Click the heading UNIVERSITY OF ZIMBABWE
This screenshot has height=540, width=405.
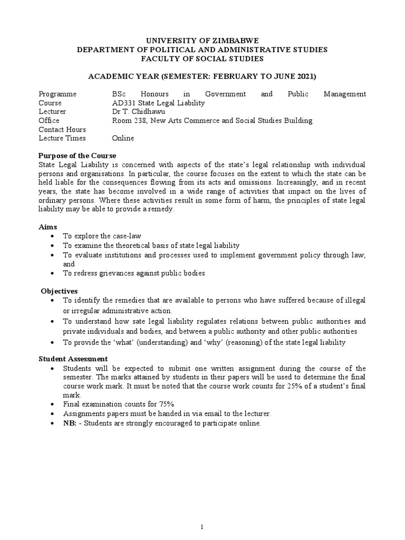click(202, 40)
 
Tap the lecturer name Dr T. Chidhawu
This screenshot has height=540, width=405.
click(135, 112)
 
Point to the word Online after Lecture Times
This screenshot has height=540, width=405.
click(123, 138)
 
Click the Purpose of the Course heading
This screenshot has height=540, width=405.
click(78, 156)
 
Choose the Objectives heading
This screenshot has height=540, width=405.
click(59, 291)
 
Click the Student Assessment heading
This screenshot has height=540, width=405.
click(73, 359)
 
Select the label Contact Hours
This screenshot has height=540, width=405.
click(62, 129)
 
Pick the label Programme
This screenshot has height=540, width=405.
click(57, 94)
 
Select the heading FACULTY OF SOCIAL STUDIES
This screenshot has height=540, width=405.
click(202, 58)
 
